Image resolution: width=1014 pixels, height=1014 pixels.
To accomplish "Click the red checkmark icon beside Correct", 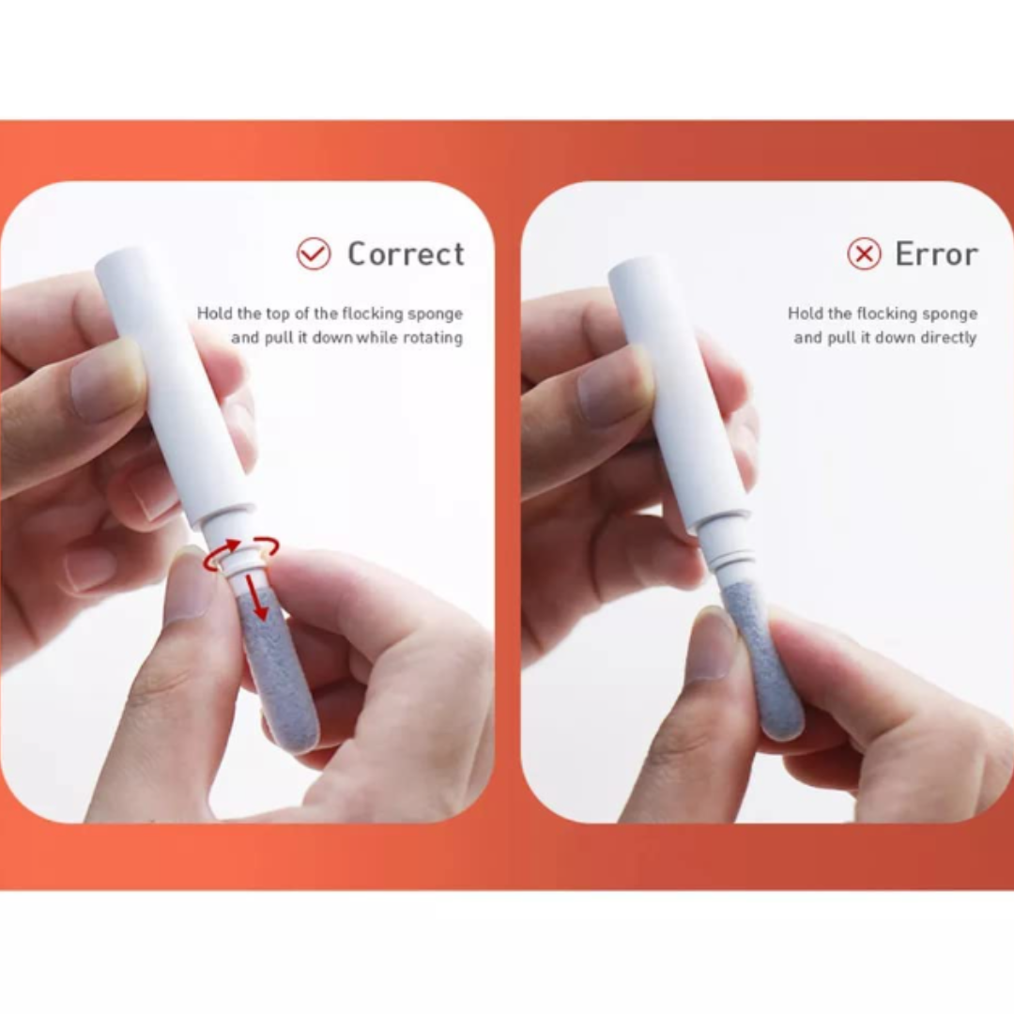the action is pos(314,253).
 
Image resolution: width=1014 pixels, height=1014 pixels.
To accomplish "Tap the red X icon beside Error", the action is pos(864,253).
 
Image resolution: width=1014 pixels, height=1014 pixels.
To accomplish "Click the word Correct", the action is pos(407,253).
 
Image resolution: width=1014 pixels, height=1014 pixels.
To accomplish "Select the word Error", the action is pos(936,253).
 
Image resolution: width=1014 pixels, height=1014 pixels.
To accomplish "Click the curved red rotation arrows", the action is pos(241,552).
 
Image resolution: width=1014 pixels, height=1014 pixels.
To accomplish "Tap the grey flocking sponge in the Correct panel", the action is pos(279,672).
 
